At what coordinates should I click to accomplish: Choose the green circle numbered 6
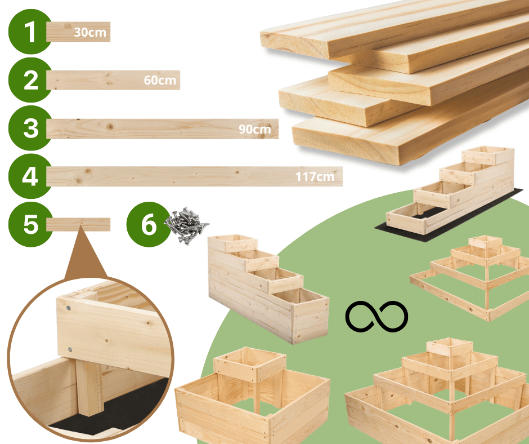(x=148, y=225)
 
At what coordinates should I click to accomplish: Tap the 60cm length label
(x=160, y=81)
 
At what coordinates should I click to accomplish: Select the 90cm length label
(x=254, y=130)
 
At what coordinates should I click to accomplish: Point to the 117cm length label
(x=315, y=177)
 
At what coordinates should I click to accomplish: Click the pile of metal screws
(x=186, y=224)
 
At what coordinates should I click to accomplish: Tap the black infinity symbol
(x=376, y=316)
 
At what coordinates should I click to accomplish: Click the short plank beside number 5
(x=78, y=225)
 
